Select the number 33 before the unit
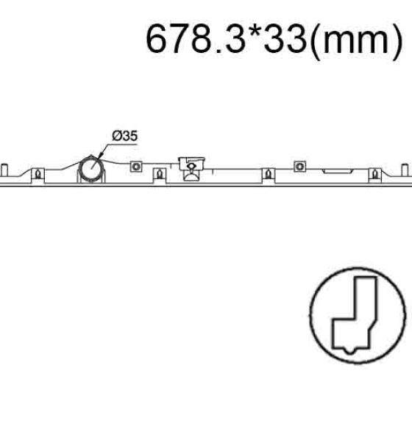point(285,38)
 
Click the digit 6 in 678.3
point(157,38)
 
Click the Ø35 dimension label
point(125,136)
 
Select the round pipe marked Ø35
point(91,169)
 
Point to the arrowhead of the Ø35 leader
point(101,155)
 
